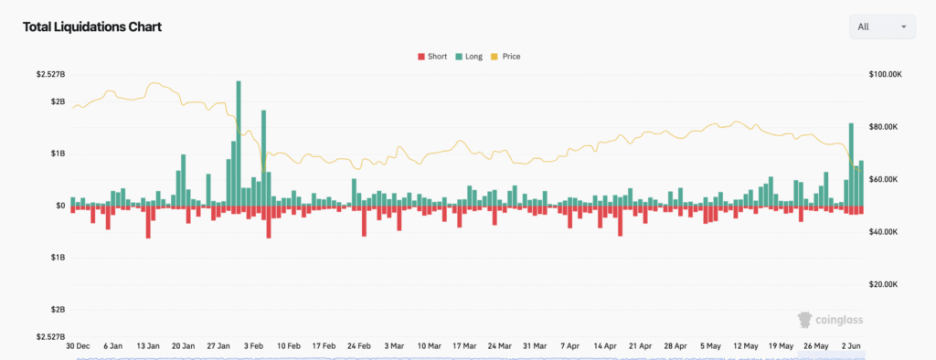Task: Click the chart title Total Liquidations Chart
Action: pyautogui.click(x=92, y=26)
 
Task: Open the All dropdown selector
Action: pyautogui.click(x=882, y=26)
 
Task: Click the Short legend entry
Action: pyautogui.click(x=432, y=57)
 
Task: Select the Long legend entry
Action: pyautogui.click(x=469, y=57)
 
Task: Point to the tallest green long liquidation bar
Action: pyautogui.click(x=239, y=143)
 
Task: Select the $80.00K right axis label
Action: pyautogui.click(x=884, y=127)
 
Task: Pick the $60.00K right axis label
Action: pyautogui.click(x=884, y=180)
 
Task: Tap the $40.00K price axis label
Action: pyautogui.click(x=884, y=232)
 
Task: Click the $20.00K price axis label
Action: pyautogui.click(x=884, y=284)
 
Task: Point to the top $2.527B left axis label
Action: pyautogui.click(x=51, y=75)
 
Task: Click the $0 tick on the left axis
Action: pyautogui.click(x=60, y=206)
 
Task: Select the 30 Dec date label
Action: pyautogui.click(x=78, y=345)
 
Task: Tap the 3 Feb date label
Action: pyautogui.click(x=254, y=345)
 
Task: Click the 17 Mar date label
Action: pyautogui.click(x=464, y=345)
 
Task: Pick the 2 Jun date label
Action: pyautogui.click(x=851, y=345)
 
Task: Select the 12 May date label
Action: pyautogui.click(x=746, y=345)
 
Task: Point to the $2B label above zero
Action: pyautogui.click(x=58, y=101)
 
